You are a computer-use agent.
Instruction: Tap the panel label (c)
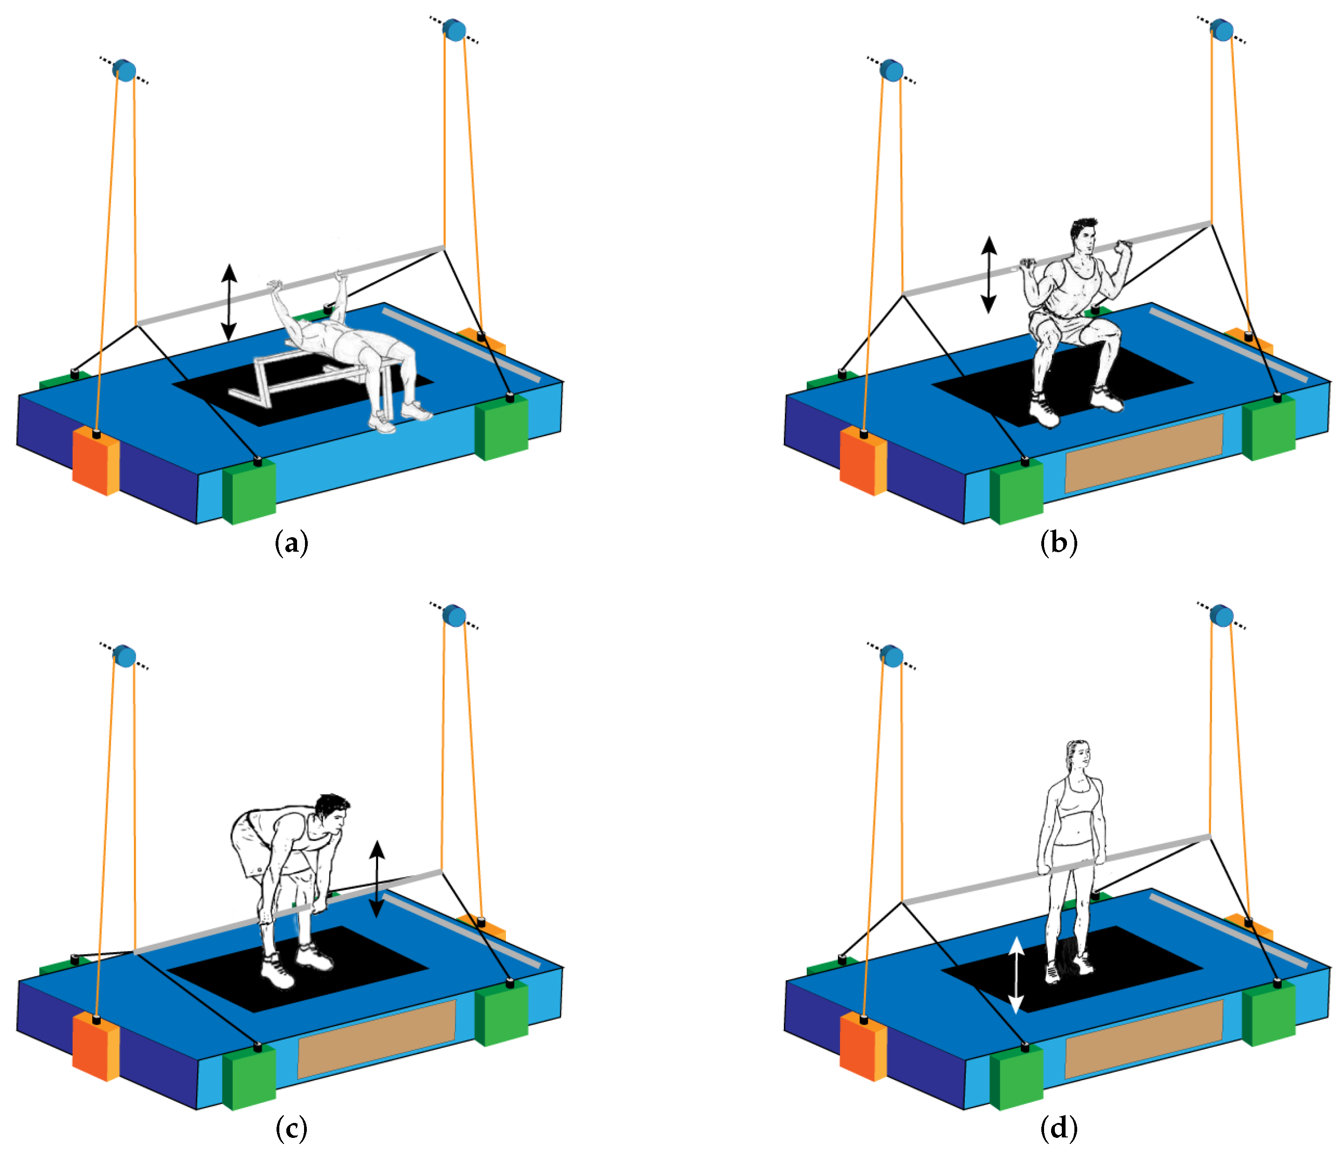pyautogui.click(x=291, y=1129)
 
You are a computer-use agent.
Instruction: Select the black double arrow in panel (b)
pyautogui.click(x=989, y=275)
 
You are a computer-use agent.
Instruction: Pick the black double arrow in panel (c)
pyautogui.click(x=377, y=879)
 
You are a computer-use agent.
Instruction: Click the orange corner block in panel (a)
pyautogui.click(x=95, y=460)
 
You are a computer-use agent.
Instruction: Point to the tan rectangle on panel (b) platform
pyautogui.click(x=1144, y=453)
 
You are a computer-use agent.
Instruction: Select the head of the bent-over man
pyautogui.click(x=332, y=815)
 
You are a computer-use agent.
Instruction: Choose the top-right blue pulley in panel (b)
pyautogui.click(x=1221, y=30)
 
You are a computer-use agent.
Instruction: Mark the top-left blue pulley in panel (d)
pyautogui.click(x=892, y=656)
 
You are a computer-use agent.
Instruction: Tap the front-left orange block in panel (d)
pyautogui.click(x=863, y=1047)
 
